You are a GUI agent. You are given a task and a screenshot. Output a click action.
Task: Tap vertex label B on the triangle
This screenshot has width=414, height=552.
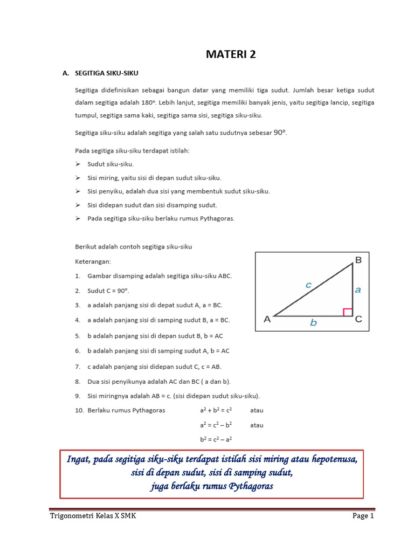(358, 260)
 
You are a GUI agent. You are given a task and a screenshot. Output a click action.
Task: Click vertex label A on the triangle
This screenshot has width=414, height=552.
(267, 319)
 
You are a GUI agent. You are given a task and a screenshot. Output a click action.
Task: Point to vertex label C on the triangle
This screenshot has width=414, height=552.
(358, 319)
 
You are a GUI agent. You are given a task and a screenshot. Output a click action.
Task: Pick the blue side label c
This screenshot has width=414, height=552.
(308, 285)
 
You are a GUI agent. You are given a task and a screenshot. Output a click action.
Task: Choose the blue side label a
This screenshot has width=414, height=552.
(358, 289)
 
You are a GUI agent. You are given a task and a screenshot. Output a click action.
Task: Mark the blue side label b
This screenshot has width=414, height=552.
(313, 323)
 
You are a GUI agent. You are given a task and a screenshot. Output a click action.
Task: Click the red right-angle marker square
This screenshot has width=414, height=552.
(348, 312)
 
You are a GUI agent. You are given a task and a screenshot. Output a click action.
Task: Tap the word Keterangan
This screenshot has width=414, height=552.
(93, 261)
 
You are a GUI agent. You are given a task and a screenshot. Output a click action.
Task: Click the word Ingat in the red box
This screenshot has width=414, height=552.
(78, 459)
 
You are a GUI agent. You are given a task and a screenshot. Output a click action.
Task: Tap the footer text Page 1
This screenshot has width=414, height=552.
(363, 516)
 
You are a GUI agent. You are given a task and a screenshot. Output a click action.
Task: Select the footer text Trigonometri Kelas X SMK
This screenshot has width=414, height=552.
(93, 516)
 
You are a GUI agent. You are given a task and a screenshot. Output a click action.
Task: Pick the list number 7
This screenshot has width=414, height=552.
(78, 367)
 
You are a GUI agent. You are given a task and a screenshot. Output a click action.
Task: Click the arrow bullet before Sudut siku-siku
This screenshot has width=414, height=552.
(78, 164)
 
